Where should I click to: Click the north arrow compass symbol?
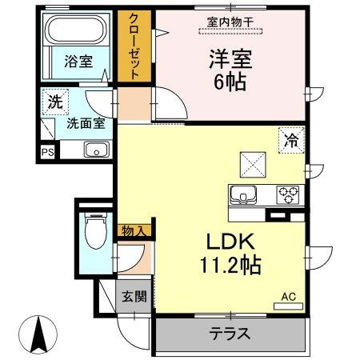(38, 335)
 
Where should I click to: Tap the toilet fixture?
(96, 230)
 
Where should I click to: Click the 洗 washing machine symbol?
(55, 102)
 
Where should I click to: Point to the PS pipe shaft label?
(47, 153)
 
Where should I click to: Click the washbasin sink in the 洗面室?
(97, 150)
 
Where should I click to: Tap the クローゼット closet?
(134, 46)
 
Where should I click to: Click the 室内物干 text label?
(230, 22)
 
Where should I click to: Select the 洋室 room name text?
(230, 59)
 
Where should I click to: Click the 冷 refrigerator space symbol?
(291, 141)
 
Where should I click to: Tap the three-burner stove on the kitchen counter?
(287, 195)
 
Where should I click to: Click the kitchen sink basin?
(243, 195)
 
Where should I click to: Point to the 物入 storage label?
(134, 230)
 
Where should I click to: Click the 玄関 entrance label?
(134, 296)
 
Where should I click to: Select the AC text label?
(289, 296)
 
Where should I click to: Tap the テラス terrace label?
(230, 334)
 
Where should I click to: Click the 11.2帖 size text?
(230, 265)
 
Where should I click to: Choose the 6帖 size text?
(230, 82)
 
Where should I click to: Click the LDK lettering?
(230, 241)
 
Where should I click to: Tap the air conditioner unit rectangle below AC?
(289, 306)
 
